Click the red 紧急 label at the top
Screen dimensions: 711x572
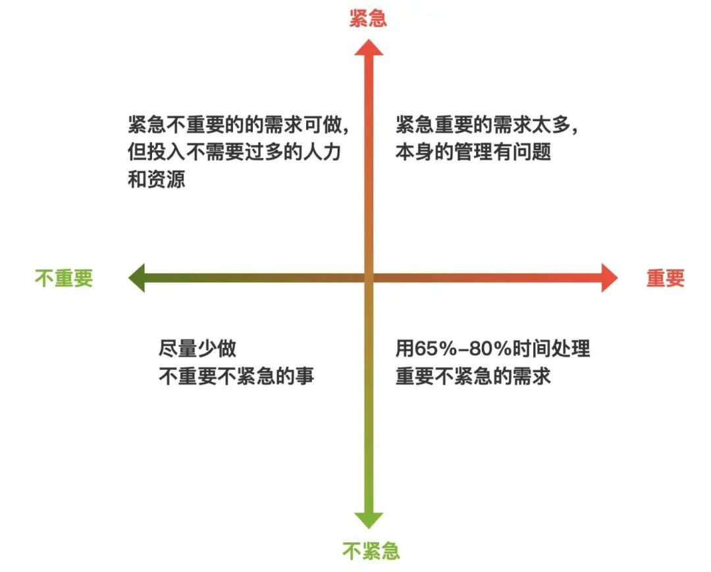coord(368,18)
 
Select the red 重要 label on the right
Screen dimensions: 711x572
coord(665,278)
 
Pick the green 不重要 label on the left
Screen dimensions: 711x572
coord(64,278)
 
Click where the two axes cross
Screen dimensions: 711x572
coord(369,278)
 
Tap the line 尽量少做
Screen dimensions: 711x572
coord(197,349)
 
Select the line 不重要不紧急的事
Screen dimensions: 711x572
coord(236,376)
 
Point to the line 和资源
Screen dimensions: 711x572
coord(157,179)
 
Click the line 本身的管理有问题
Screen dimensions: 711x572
coord(473,152)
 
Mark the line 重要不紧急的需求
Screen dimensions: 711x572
coord(473,376)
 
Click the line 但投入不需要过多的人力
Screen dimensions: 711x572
coord(237,152)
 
